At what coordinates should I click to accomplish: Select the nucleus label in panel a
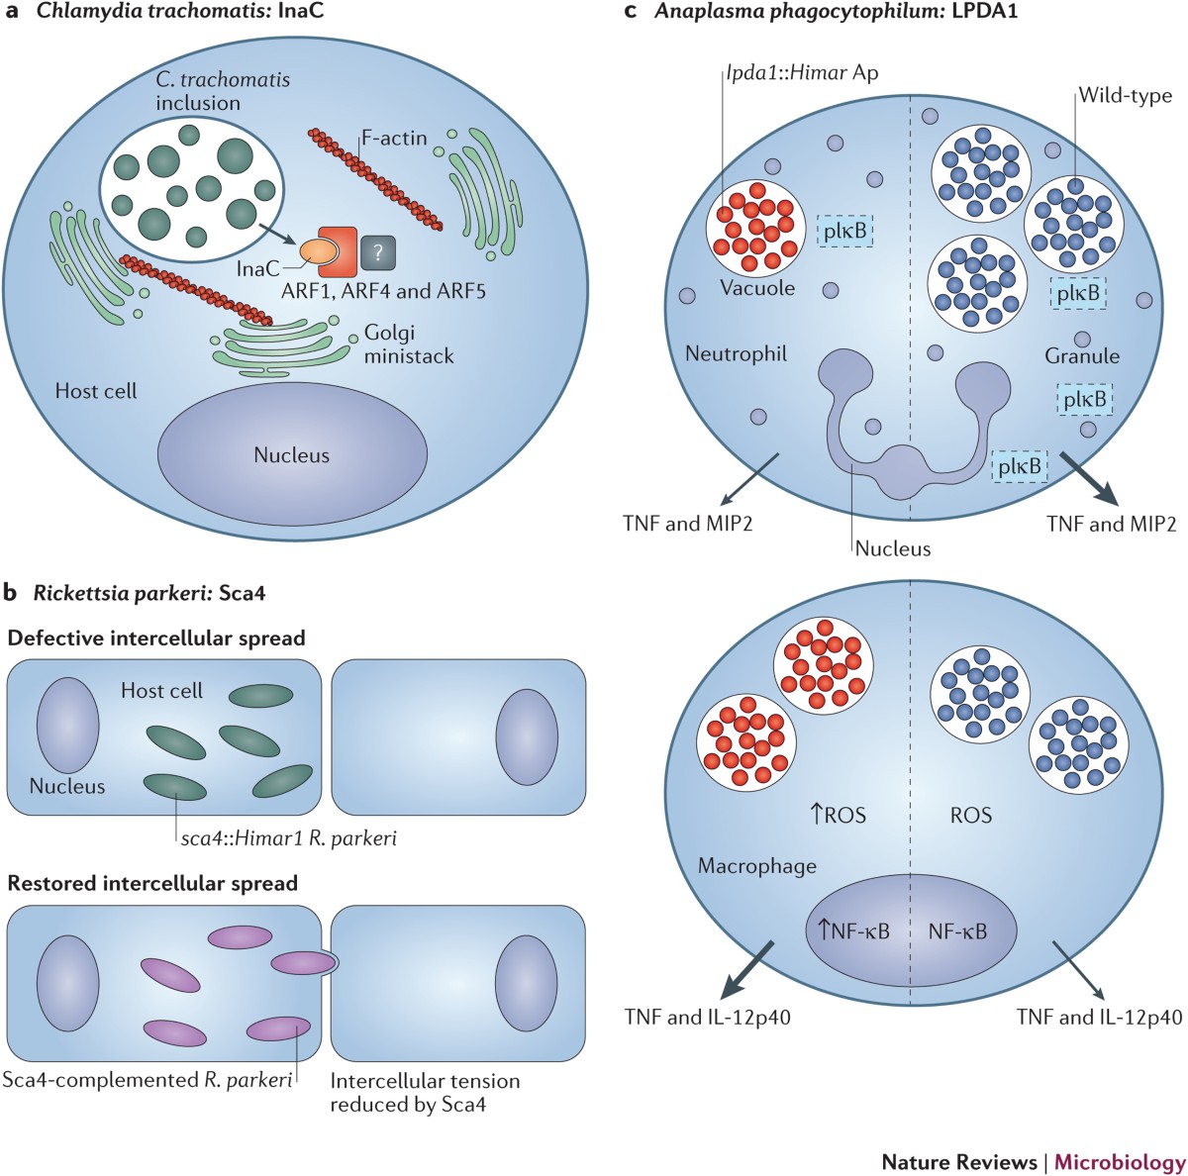[x=291, y=455]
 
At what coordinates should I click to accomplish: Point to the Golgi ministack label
[x=409, y=343]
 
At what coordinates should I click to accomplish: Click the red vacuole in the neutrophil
[x=754, y=224]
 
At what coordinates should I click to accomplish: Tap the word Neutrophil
[x=735, y=352]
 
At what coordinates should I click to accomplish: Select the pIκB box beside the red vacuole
[x=844, y=232]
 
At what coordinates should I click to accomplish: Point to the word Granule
[x=1082, y=355]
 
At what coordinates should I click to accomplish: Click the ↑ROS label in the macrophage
[x=839, y=815]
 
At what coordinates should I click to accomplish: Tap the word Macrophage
[x=757, y=865]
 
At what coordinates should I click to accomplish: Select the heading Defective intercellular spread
[x=156, y=637]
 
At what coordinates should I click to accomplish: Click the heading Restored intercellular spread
[x=152, y=882]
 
